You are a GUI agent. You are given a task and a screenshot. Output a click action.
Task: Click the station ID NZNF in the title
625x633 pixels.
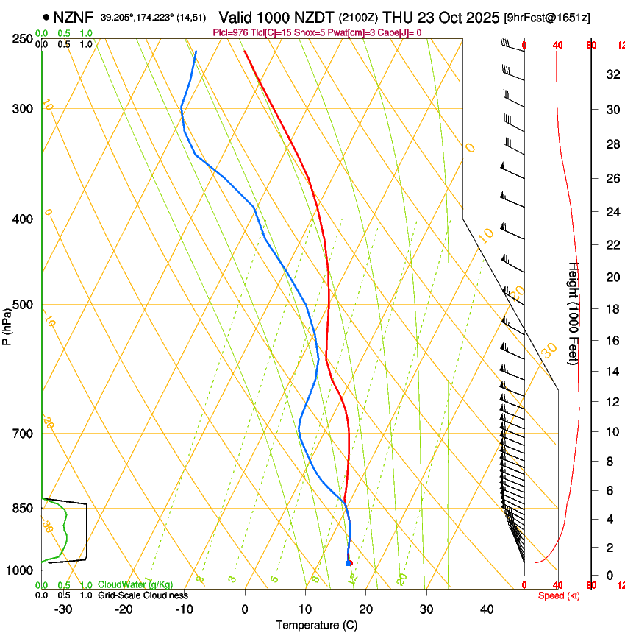click(74, 17)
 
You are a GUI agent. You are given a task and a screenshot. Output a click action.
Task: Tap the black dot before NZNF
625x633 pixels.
click(46, 17)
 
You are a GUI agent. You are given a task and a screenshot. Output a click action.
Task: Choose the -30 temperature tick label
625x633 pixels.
click(63, 609)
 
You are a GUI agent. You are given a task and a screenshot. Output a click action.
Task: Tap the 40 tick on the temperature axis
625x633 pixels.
click(487, 609)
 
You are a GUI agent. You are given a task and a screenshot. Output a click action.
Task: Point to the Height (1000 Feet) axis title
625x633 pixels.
click(574, 313)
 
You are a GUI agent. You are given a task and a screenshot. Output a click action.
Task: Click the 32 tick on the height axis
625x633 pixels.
click(610, 74)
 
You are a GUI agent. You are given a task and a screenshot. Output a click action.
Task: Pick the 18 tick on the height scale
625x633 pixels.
click(610, 309)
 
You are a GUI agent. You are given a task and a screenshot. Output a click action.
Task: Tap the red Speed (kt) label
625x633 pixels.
click(558, 595)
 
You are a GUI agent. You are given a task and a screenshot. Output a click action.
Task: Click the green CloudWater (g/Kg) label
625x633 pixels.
click(135, 585)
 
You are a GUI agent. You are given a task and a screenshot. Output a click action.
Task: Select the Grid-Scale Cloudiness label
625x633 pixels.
click(143, 595)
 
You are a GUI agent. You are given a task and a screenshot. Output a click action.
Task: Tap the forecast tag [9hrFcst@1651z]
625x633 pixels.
click(547, 17)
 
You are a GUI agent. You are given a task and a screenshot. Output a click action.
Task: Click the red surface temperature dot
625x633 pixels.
click(350, 563)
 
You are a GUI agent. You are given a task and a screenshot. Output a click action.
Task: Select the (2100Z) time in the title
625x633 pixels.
click(360, 17)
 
